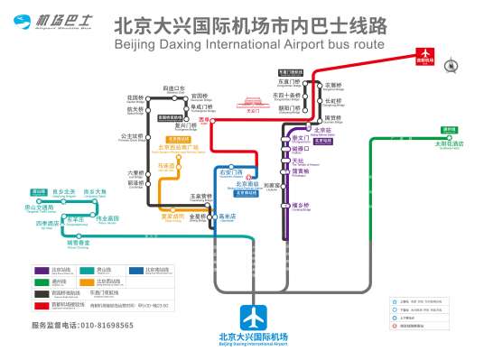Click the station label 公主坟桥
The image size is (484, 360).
coord(134,138)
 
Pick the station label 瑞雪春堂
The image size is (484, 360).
coord(79,242)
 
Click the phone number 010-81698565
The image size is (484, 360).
coord(82,325)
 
